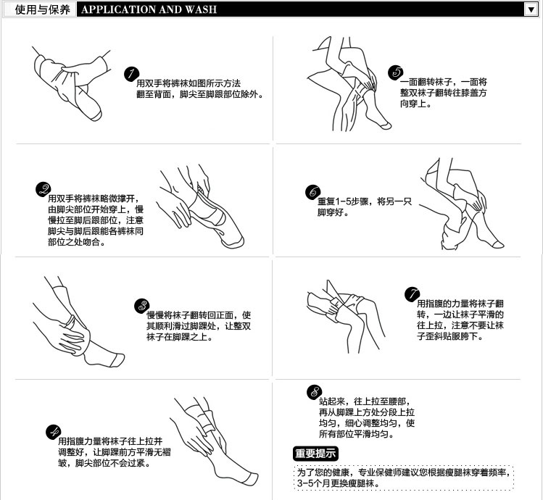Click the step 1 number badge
click(131, 74)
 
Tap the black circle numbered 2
click(43, 189)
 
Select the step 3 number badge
click(142, 306)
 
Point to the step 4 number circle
click(53, 432)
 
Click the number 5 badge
click(396, 72)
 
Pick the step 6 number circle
click(312, 192)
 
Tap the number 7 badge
click(412, 294)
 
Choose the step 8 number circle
click(314, 392)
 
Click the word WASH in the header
click(201, 9)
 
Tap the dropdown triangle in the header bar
click(531, 9)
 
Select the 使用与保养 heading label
click(42, 9)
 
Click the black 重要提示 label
click(315, 453)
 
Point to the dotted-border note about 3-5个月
click(404, 478)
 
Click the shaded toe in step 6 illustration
click(498, 245)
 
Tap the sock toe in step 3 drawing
click(118, 360)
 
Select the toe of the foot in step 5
click(386, 125)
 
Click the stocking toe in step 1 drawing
click(96, 116)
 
